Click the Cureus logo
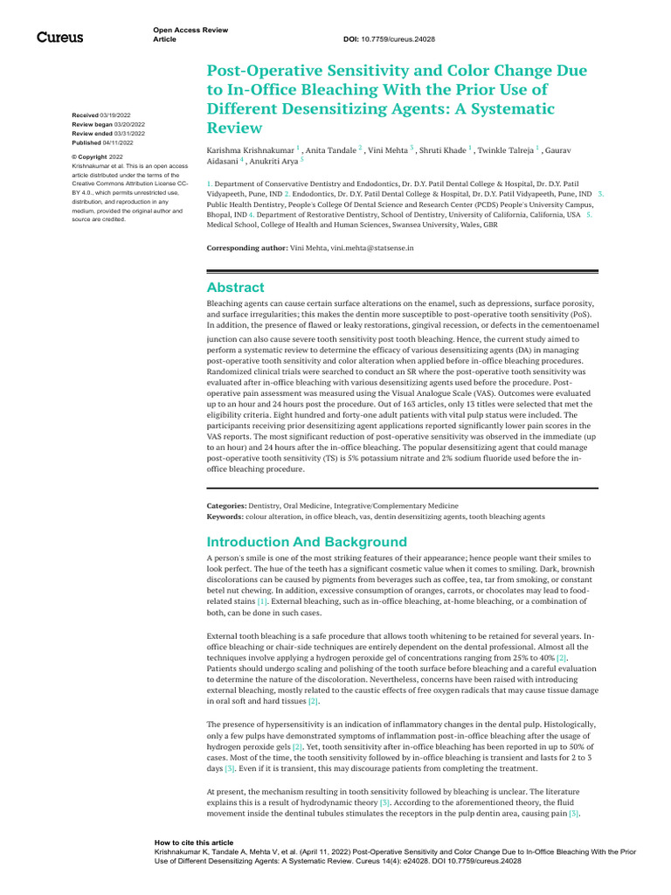(x=59, y=37)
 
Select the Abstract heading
(x=235, y=288)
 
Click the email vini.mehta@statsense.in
(x=372, y=248)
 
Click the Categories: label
(x=226, y=505)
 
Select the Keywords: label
(x=225, y=517)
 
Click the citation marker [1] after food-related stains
(x=262, y=602)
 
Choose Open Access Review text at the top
(x=185, y=31)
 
